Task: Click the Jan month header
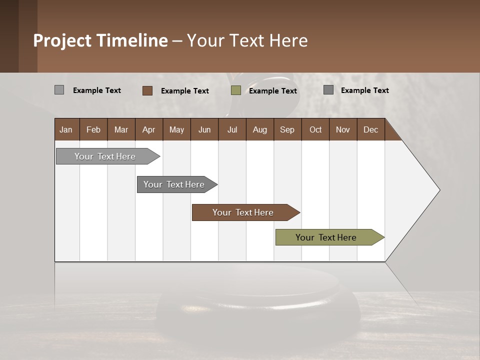tap(66, 129)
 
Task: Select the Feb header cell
tap(93, 129)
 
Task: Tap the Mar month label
tap(121, 129)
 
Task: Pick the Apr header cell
tap(148, 129)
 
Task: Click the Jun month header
tap(204, 129)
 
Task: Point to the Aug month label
tap(259, 129)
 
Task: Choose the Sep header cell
tap(287, 129)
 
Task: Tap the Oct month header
tap(315, 129)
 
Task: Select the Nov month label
tap(343, 129)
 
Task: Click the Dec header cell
tap(370, 129)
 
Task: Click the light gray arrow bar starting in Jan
tap(105, 156)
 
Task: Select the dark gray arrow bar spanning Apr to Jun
tap(174, 184)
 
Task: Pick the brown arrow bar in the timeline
tap(243, 212)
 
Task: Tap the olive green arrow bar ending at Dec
tap(326, 237)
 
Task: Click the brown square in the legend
tap(147, 90)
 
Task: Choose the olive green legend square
tap(236, 90)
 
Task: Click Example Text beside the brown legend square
tap(185, 91)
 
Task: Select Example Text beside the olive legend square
tap(273, 91)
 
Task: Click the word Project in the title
tap(62, 40)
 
